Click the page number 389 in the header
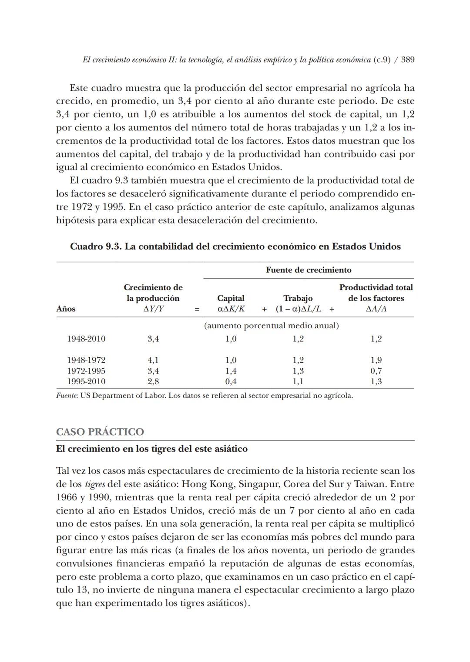pyautogui.click(x=407, y=60)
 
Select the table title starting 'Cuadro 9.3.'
pyautogui.click(x=235, y=246)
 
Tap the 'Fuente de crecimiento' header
pyautogui.click(x=309, y=270)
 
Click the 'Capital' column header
pyautogui.click(x=231, y=298)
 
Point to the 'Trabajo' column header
pyautogui.click(x=298, y=298)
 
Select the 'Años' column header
pyautogui.click(x=66, y=309)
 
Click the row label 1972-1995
pyautogui.click(x=86, y=371)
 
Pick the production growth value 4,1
pyautogui.click(x=153, y=360)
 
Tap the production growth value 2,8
pyautogui.click(x=153, y=381)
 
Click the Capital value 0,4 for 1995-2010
pyautogui.click(x=231, y=381)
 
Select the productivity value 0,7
pyautogui.click(x=376, y=371)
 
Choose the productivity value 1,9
pyautogui.click(x=376, y=360)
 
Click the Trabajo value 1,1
pyautogui.click(x=298, y=381)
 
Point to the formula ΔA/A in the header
pyautogui.click(x=376, y=309)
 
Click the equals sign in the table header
pyautogui.click(x=197, y=309)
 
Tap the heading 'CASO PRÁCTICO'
pyautogui.click(x=100, y=432)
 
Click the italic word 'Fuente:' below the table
pyautogui.click(x=67, y=396)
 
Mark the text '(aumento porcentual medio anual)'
pyautogui.click(x=272, y=326)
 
